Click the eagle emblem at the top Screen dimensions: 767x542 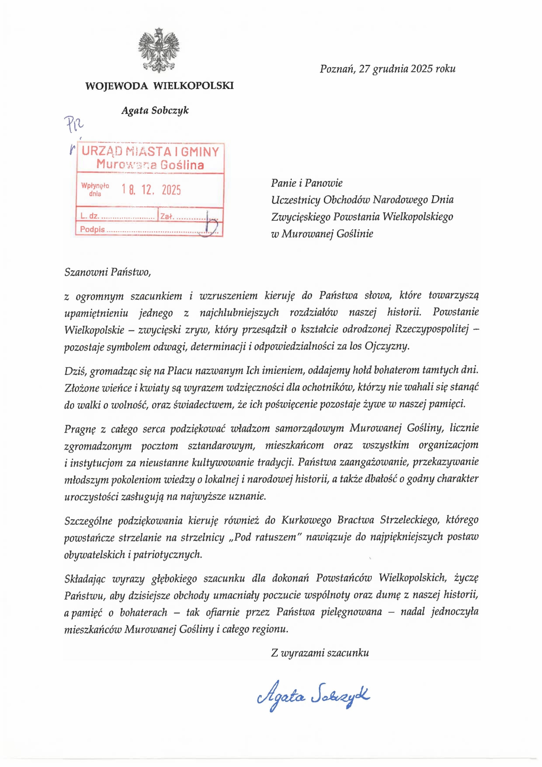159,50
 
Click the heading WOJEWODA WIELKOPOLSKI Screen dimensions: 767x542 159,86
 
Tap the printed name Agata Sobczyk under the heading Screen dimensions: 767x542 155,111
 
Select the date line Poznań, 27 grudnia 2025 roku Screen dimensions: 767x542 387,69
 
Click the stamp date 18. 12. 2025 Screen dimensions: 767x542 151,190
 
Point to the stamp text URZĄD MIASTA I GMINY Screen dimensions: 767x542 150,152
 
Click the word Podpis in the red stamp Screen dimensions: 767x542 92,230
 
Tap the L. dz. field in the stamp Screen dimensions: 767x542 90,216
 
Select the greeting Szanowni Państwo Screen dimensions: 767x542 108,272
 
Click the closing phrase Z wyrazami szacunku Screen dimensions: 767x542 320,653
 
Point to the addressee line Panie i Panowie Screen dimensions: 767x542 307,183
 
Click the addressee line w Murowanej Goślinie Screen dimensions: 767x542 322,234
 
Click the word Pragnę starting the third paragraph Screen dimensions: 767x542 80,429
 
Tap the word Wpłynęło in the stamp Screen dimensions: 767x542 95,186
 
